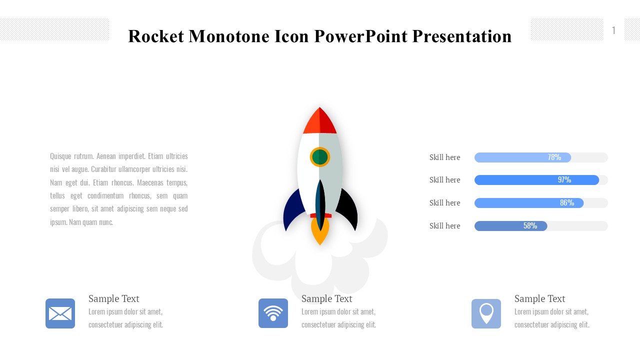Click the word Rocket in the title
[x=156, y=36]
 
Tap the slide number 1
[x=613, y=30]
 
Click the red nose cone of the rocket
[x=319, y=121]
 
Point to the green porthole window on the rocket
[x=320, y=157]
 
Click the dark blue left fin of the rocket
[x=293, y=210]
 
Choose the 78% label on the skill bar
[x=554, y=157]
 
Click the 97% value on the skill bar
[x=564, y=179]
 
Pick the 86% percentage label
[x=567, y=203]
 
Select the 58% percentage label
[x=530, y=225]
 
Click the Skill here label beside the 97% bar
[x=445, y=179]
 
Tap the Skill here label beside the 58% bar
[x=445, y=225]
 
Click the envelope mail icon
[x=60, y=313]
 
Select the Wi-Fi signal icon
[x=273, y=313]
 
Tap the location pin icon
[x=486, y=313]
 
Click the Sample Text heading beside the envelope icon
[x=113, y=298]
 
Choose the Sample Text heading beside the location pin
[x=539, y=298]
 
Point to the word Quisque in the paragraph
[x=60, y=156]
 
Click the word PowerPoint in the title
[x=361, y=36]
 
